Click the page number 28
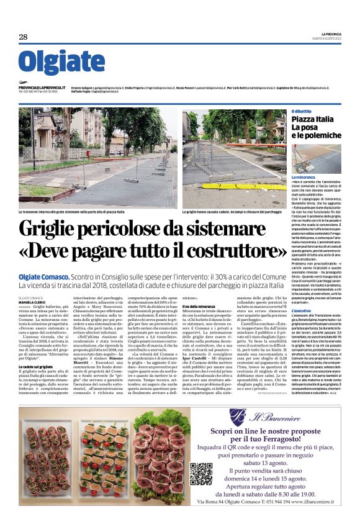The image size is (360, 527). pos(24,37)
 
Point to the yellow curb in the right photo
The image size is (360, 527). pos(199,199)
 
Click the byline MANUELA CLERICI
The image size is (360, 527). pos(32,302)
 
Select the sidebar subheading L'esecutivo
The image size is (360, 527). pos(302,292)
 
